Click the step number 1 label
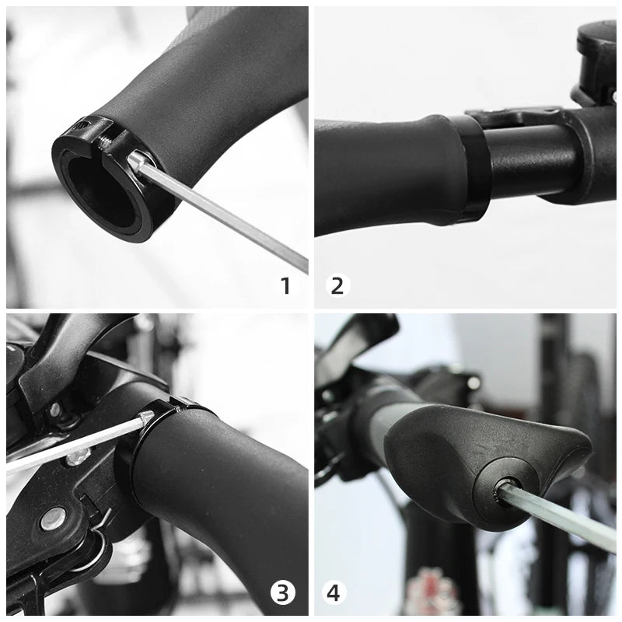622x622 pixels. (x=285, y=285)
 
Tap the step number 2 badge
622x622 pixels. (x=337, y=285)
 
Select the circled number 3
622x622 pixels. (x=283, y=593)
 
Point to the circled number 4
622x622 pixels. (x=334, y=593)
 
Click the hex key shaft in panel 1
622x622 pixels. (x=225, y=214)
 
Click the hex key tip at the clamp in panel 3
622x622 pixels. (x=145, y=419)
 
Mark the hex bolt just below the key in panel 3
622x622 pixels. (x=78, y=456)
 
